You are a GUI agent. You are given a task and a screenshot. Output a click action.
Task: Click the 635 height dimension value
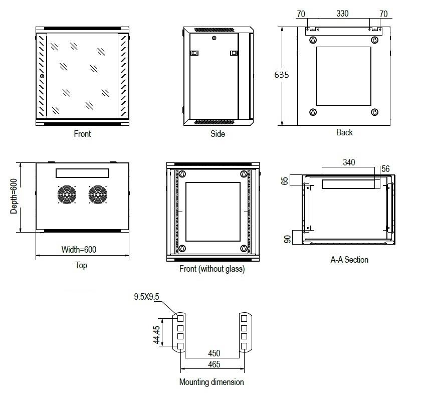coord(282,75)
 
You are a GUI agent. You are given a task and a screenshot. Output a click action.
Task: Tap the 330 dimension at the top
coord(342,14)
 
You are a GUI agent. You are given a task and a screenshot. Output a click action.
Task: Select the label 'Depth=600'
coord(15,197)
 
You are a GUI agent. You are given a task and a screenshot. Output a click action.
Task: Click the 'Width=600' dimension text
coord(79,249)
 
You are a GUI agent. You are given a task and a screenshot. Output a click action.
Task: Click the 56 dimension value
coord(385,169)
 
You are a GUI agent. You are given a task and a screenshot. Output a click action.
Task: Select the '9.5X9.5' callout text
coord(146,297)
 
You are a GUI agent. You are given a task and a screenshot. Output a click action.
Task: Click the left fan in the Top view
coord(67,195)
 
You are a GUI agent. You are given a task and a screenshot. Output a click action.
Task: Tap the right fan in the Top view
coord(98,195)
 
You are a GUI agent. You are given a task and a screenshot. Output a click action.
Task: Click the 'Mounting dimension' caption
coord(211,382)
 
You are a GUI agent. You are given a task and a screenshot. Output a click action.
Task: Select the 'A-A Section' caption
coord(349,260)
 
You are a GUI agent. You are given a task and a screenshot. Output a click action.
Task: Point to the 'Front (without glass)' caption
coord(212,269)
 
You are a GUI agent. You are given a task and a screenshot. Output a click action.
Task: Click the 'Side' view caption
coord(218,134)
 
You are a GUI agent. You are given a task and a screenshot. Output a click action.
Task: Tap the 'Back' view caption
coord(344,132)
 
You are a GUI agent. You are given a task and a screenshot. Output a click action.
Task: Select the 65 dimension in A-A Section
coord(285,181)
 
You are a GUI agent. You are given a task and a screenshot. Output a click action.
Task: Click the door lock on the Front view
coord(42,77)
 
